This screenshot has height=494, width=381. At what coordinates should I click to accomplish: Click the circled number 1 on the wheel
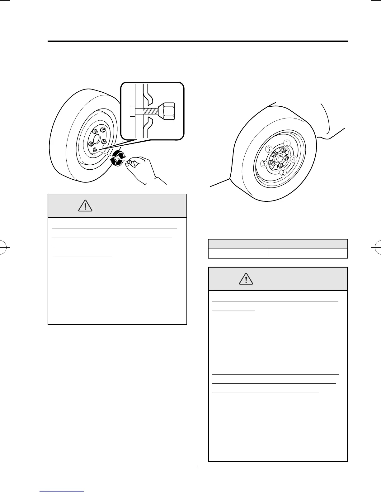[x=286, y=143]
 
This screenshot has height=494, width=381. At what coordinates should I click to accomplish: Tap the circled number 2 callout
[x=283, y=172]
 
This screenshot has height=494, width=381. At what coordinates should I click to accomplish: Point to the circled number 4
[x=293, y=159]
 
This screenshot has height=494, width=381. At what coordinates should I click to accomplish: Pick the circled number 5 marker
[x=264, y=163]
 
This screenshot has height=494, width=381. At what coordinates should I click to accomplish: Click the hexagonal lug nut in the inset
[x=167, y=111]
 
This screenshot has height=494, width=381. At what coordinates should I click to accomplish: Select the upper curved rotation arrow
[x=120, y=153]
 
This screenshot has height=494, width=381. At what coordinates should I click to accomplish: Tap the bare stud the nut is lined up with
[x=95, y=150]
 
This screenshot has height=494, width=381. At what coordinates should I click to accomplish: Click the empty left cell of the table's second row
[x=238, y=253]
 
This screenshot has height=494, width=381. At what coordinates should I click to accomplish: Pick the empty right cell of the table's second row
[x=308, y=253]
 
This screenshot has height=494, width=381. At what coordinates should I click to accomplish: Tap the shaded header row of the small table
[x=278, y=244]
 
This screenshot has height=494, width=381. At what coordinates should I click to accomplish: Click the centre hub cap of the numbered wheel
[x=278, y=158]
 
